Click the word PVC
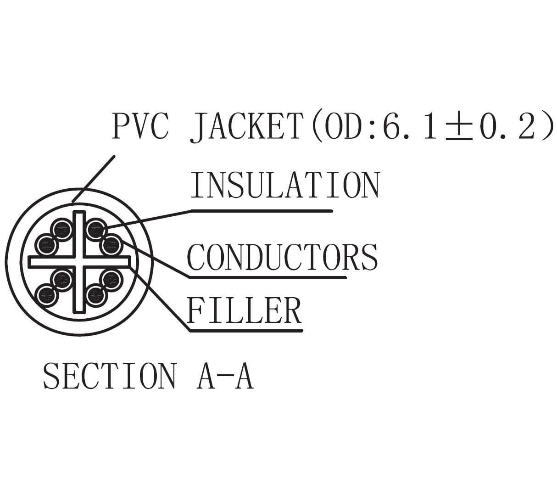pos(140,126)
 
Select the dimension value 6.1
pos(409,126)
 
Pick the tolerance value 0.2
pos(507,126)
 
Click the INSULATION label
pos(285,185)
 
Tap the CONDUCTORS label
pos(282,257)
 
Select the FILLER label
pos(244,310)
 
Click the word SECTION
pos(110,376)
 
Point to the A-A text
pos(225,376)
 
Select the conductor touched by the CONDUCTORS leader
pos(111,245)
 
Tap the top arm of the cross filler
pos(79,233)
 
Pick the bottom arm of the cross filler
pos(79,290)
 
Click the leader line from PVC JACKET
pos(93,179)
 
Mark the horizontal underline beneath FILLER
pos(246,331)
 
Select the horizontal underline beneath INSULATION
pos(262,211)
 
